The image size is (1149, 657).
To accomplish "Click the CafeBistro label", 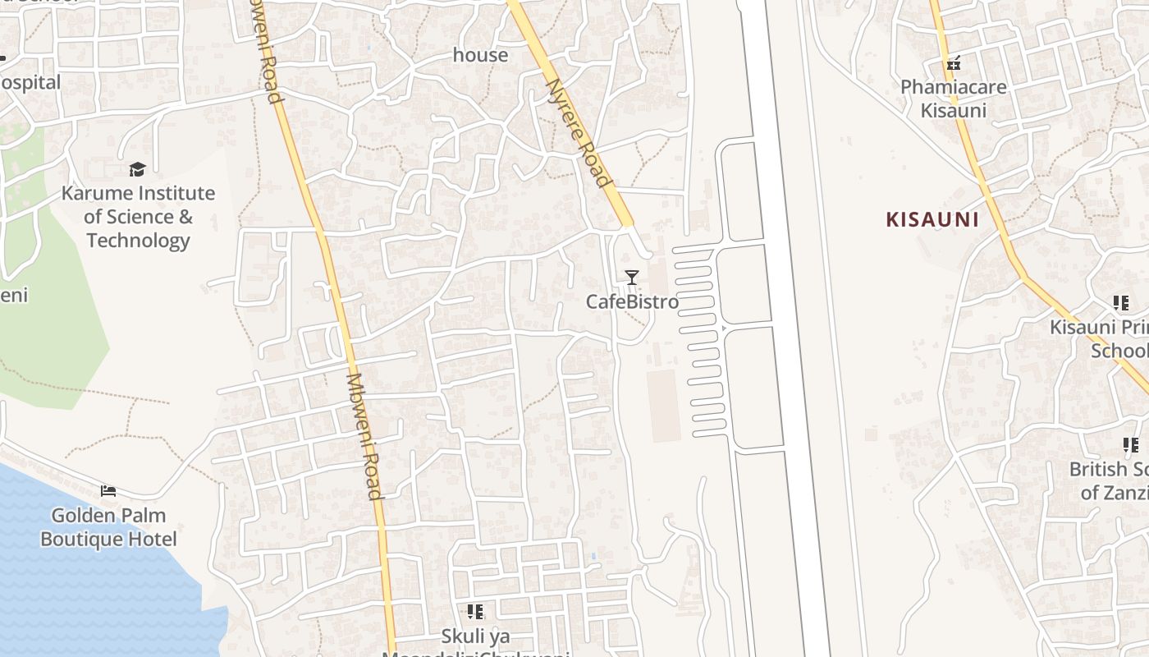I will click(x=632, y=301).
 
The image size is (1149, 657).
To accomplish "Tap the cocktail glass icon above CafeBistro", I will click(x=631, y=278).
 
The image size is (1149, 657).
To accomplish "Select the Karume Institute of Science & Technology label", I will click(x=138, y=217).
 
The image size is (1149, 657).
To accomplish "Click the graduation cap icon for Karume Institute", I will click(x=137, y=169).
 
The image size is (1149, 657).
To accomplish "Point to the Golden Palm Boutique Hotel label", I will click(x=108, y=527).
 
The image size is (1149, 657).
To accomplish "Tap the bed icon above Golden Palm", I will click(x=108, y=491).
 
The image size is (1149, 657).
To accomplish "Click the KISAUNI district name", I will click(x=932, y=219).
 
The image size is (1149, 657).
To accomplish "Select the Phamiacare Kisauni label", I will click(x=953, y=99).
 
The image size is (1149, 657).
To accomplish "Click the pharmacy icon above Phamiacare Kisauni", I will click(x=953, y=62).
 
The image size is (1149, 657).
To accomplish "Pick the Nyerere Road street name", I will click(x=579, y=132).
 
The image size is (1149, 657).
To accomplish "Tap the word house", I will click(x=481, y=55).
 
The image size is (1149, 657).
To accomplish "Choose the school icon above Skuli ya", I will click(x=475, y=612).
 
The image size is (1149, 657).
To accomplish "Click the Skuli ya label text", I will click(x=475, y=636).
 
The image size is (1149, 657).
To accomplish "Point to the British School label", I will click(x=1108, y=480).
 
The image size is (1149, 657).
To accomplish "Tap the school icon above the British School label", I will click(x=1131, y=445).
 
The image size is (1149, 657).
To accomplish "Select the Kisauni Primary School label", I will click(x=1099, y=338).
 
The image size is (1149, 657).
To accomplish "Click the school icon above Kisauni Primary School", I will click(x=1121, y=303).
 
